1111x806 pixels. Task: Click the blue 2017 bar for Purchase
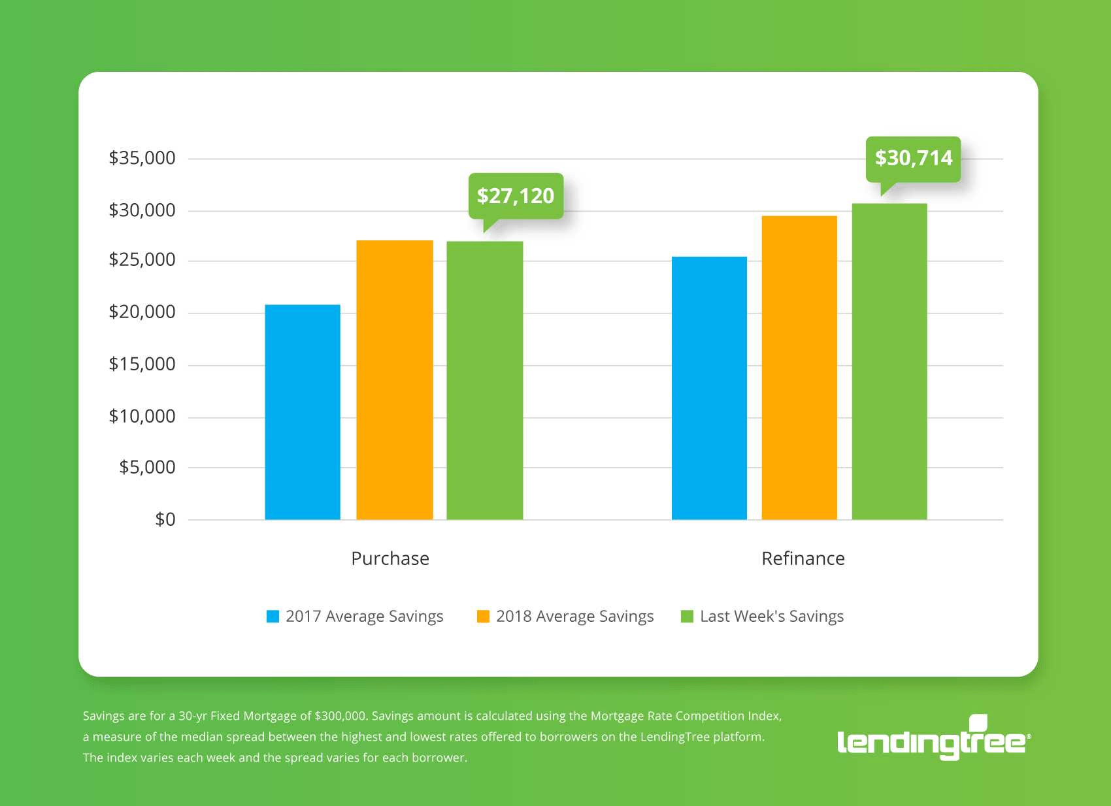[x=303, y=412]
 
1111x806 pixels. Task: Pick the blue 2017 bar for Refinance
[x=709, y=388]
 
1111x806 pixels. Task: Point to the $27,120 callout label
[x=516, y=196]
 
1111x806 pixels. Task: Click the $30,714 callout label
[x=914, y=158]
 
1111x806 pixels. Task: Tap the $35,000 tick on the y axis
[x=142, y=158]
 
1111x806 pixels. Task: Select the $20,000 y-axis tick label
[x=142, y=312]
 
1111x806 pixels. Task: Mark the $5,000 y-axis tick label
[x=148, y=467]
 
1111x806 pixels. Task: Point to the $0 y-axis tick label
[x=165, y=520]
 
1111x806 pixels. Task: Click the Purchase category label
[x=390, y=558]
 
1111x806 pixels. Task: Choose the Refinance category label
[x=803, y=558]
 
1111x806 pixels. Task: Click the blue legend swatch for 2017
[x=273, y=617]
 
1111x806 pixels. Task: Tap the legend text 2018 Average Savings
[x=574, y=617]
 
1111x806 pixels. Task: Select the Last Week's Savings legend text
[x=772, y=617]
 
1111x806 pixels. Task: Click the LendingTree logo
[x=934, y=739]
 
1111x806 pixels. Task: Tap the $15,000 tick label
[x=142, y=364]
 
